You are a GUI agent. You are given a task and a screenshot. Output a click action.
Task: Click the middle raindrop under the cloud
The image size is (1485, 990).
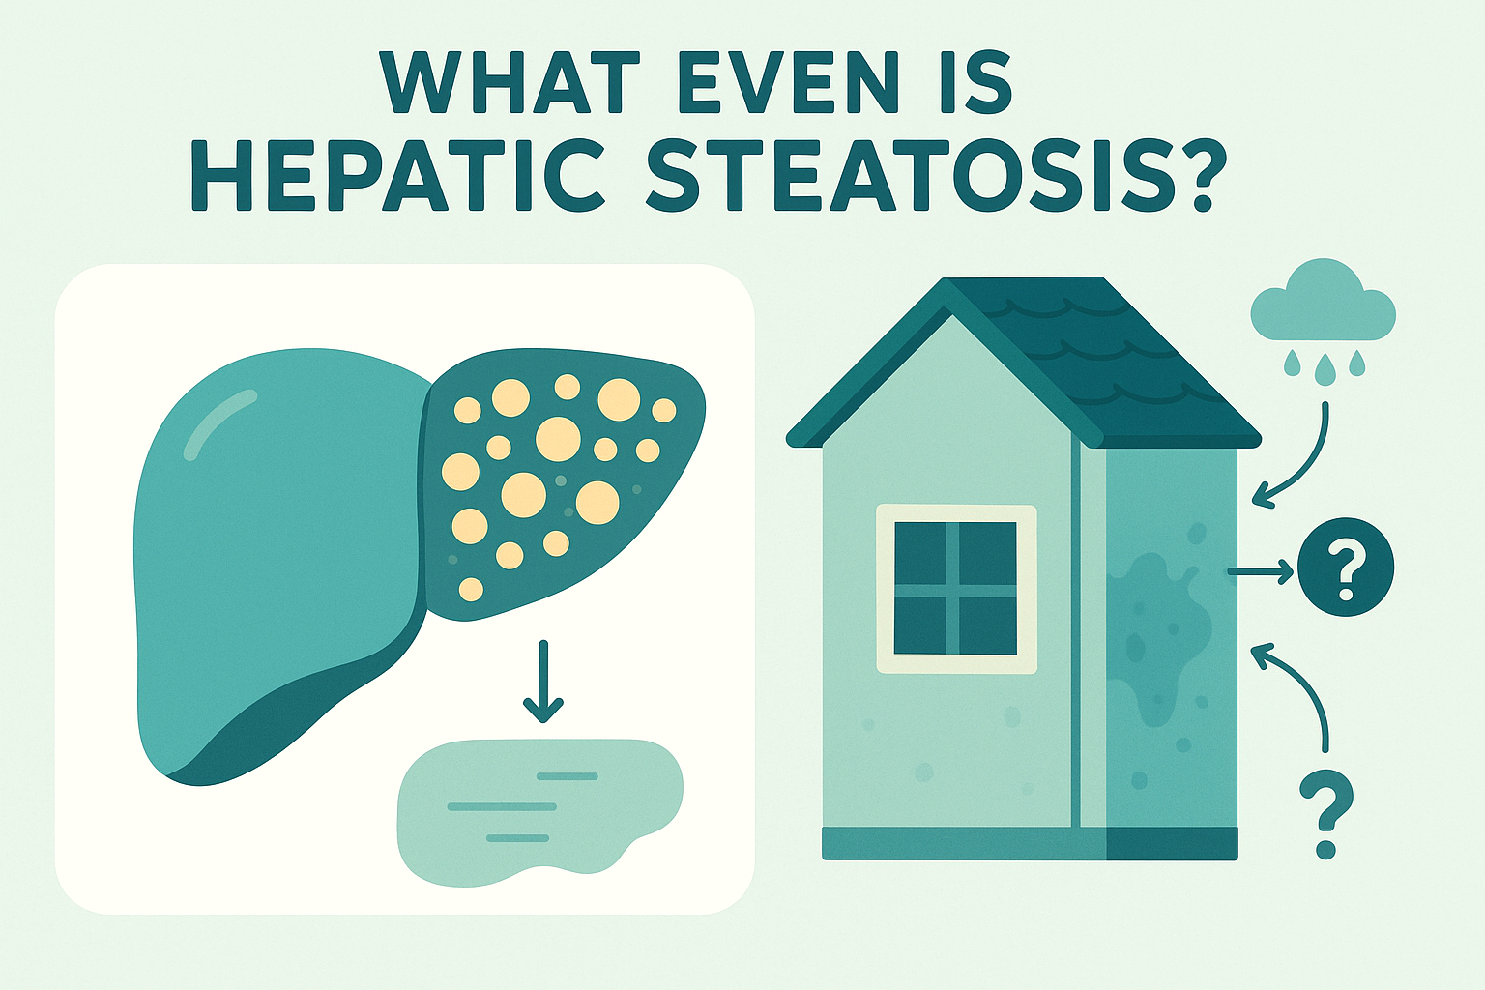(x=1325, y=369)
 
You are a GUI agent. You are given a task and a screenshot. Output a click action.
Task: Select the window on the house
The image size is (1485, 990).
(x=956, y=589)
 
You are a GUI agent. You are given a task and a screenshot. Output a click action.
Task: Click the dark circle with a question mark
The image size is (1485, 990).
(x=1345, y=567)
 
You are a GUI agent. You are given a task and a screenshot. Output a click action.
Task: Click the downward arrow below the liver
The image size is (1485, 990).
(x=543, y=681)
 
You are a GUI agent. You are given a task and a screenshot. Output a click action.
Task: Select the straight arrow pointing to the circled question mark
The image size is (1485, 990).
(x=1261, y=571)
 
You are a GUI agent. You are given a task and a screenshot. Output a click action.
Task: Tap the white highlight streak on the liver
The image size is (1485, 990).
(x=218, y=423)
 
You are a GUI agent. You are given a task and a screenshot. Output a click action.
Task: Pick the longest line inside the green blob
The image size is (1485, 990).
(x=502, y=807)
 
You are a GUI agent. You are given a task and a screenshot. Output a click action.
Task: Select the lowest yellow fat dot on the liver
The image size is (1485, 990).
(x=471, y=590)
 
